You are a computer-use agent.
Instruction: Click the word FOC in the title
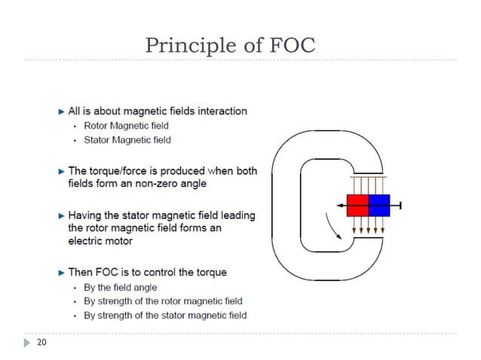click(292, 47)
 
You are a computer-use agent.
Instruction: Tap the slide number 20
click(41, 343)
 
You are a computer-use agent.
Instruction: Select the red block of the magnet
click(357, 205)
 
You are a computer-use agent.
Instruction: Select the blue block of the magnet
click(378, 205)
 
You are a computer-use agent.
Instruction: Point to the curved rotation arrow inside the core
click(331, 225)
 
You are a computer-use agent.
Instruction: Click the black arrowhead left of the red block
click(341, 205)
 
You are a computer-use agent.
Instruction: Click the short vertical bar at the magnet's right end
click(400, 205)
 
